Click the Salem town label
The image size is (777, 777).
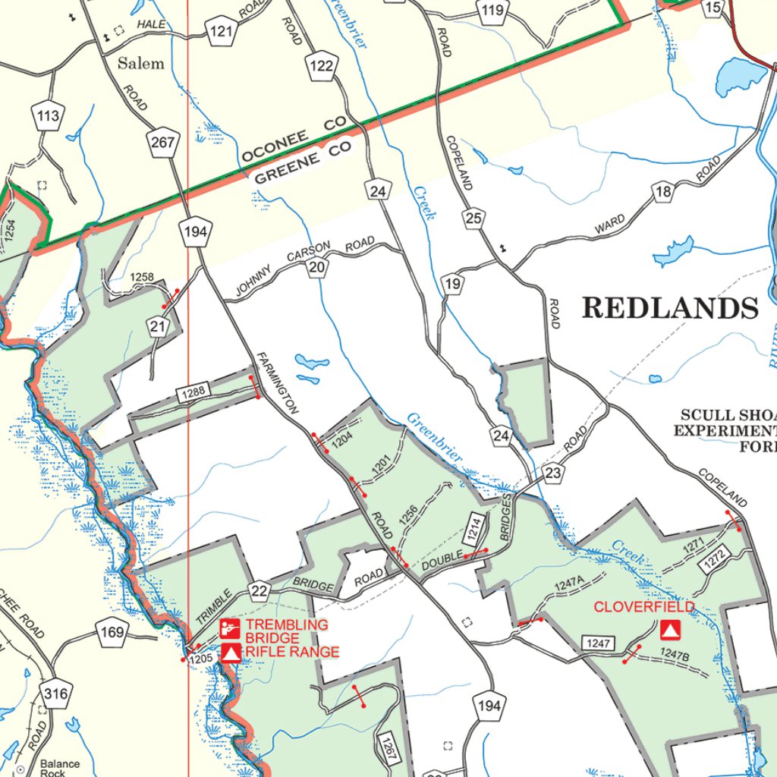point(140,63)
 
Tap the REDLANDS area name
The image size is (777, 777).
point(670,308)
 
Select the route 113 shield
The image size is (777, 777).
point(48,117)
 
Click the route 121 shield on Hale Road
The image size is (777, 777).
point(222,31)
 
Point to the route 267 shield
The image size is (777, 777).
point(164,143)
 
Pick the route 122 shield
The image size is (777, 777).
point(322,66)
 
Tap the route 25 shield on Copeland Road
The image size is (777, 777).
point(474,219)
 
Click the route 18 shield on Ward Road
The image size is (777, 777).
point(664,191)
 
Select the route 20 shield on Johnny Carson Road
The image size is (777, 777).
point(317,267)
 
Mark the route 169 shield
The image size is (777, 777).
point(111,631)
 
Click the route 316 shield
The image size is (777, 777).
point(55,694)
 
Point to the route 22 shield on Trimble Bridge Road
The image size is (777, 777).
point(260,591)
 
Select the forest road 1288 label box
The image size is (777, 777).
point(193,393)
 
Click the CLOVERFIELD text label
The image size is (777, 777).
point(643,607)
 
